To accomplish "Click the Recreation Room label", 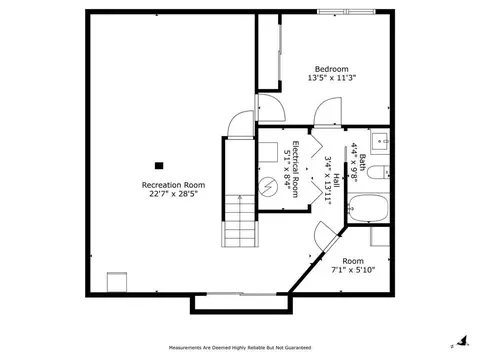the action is [x=173, y=185].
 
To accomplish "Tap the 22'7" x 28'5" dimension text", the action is [x=173, y=194].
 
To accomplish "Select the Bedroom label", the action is [x=332, y=69].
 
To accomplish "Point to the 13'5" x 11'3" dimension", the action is [x=332, y=78].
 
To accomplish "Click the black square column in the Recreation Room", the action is [x=159, y=165].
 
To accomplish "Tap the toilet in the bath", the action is [x=378, y=172].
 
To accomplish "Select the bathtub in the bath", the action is [x=368, y=208].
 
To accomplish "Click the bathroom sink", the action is [x=380, y=141].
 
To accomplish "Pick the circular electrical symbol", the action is [x=268, y=186].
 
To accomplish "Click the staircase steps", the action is [x=240, y=221].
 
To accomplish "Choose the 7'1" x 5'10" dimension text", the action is [x=353, y=270].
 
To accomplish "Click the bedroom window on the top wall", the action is [x=346, y=12].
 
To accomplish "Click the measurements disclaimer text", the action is [x=240, y=348].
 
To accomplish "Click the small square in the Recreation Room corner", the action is [x=117, y=282].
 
